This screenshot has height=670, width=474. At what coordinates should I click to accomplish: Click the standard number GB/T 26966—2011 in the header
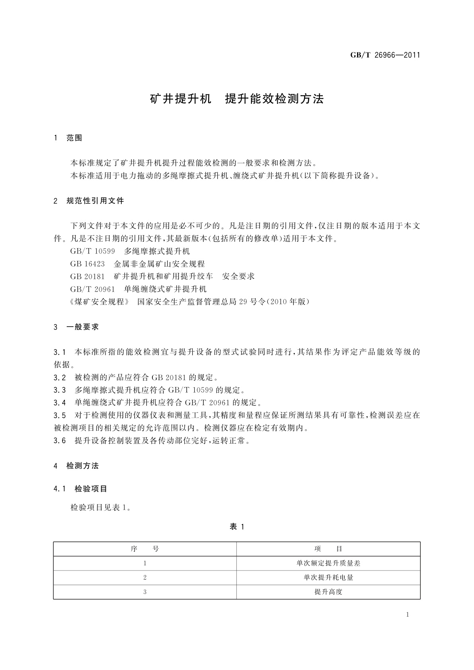click(385, 55)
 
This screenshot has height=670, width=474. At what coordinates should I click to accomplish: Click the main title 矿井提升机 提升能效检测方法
click(237, 99)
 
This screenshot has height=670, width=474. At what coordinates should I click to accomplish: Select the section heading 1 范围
click(68, 138)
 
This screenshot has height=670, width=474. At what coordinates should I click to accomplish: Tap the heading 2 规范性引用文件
click(89, 201)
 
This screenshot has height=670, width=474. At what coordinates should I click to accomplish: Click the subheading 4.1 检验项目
click(80, 489)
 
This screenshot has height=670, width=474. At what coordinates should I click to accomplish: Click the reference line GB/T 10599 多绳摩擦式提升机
click(130, 251)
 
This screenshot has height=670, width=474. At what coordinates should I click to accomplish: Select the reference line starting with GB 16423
click(137, 264)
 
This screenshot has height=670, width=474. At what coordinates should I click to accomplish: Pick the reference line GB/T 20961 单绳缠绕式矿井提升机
click(138, 289)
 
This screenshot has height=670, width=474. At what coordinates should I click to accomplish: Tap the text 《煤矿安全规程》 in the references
click(99, 302)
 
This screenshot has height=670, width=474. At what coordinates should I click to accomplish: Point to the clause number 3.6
click(60, 441)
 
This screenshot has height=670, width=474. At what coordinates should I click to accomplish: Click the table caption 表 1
click(237, 527)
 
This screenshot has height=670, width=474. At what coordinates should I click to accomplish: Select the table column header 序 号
click(145, 549)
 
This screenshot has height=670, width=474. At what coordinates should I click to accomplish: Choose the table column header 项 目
click(328, 549)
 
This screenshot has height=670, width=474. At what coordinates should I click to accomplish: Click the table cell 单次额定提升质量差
click(328, 563)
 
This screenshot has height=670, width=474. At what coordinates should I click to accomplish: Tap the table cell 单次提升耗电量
click(328, 578)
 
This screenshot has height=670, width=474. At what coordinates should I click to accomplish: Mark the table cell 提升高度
click(328, 592)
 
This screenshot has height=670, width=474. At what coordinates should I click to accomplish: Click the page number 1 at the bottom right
click(408, 615)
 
